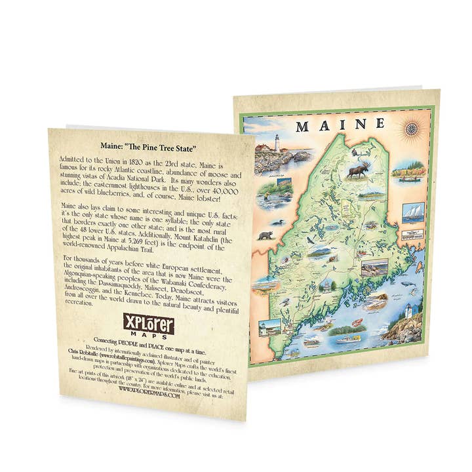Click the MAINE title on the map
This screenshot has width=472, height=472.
(340, 125)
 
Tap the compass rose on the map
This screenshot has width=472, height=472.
(412, 128)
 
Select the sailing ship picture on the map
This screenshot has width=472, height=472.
(414, 212)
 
